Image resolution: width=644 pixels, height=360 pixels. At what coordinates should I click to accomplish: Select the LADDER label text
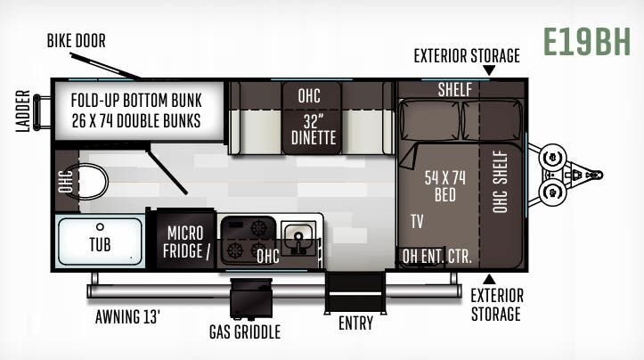pos(23,111)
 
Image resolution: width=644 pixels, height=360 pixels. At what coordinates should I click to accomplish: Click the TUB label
pos(100,244)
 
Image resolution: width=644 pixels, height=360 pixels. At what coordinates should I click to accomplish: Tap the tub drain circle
pos(100,226)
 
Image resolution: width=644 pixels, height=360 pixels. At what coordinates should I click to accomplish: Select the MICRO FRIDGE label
pos(188,241)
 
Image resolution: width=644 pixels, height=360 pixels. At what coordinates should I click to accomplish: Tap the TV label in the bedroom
pos(417,221)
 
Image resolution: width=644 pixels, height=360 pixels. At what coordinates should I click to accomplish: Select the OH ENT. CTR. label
pos(436,257)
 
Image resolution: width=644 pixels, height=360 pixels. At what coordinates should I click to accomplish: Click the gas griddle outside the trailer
pos(249,299)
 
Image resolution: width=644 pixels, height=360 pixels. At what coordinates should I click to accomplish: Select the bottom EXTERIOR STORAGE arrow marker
pos(488,281)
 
